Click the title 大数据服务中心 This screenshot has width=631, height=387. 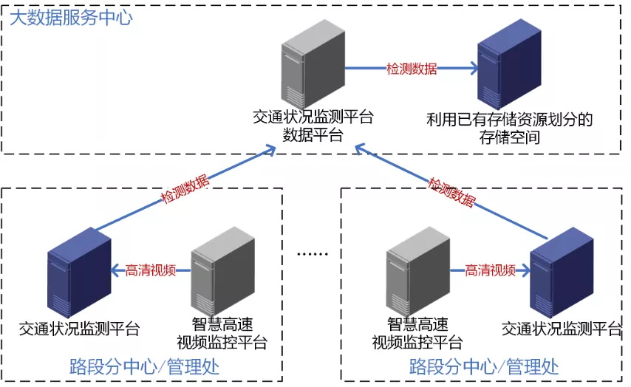pyautogui.click(x=71, y=17)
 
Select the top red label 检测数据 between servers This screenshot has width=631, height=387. pyautogui.click(x=412, y=69)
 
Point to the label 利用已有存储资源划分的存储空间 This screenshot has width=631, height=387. pyautogui.click(x=510, y=128)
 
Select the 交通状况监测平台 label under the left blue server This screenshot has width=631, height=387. pyautogui.click(x=79, y=329)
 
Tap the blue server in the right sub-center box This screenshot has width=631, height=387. pyautogui.click(x=561, y=274)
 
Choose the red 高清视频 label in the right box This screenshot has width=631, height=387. pyautogui.click(x=491, y=270)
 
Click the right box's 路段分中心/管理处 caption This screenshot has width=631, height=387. pyautogui.click(x=484, y=366)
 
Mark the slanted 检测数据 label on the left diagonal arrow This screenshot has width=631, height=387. pyautogui.click(x=185, y=190)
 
